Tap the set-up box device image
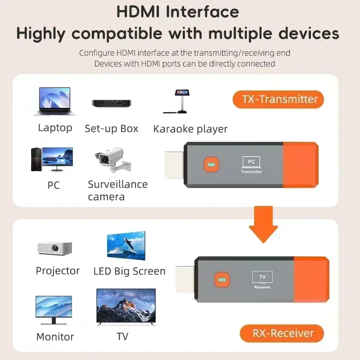click(x=111, y=103)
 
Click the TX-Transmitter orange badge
click(x=278, y=99)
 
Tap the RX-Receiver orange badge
click(x=282, y=333)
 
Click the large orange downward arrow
click(x=263, y=224)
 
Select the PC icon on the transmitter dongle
click(x=252, y=162)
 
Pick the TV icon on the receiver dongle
click(x=262, y=277)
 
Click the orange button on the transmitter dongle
click(x=210, y=165)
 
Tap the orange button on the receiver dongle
click(x=221, y=279)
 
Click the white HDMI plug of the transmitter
click(x=173, y=164)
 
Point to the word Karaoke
click(x=173, y=129)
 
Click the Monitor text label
click(x=55, y=337)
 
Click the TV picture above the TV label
click(x=126, y=307)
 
